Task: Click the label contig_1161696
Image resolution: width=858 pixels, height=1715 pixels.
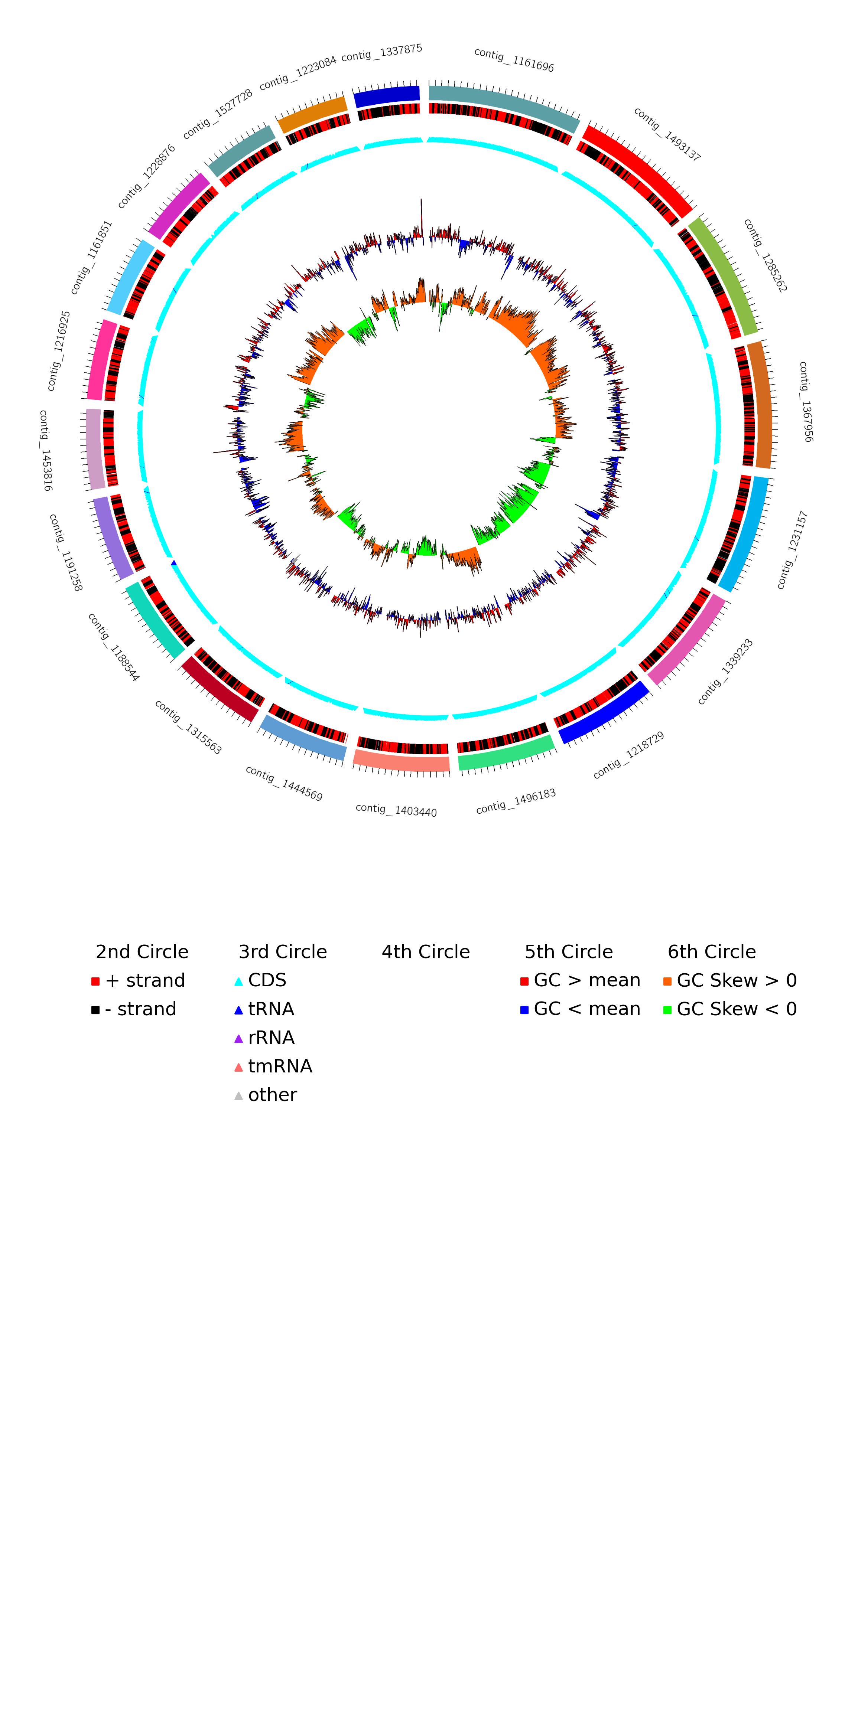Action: click(x=514, y=60)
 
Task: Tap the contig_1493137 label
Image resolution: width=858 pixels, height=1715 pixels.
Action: click(x=667, y=134)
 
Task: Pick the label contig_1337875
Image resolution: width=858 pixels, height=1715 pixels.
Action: click(x=382, y=53)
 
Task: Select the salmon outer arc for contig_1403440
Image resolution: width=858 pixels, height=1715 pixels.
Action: click(x=401, y=761)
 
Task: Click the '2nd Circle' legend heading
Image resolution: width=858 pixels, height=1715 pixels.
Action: click(x=142, y=952)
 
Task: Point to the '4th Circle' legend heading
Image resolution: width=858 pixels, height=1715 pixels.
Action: click(x=426, y=952)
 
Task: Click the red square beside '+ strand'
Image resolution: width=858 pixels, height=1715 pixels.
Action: click(x=95, y=981)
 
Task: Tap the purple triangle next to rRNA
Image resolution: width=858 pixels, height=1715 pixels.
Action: click(x=238, y=1039)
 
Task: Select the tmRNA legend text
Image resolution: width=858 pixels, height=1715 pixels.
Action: click(x=280, y=1066)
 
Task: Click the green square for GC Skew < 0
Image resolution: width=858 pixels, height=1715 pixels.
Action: click(x=667, y=1010)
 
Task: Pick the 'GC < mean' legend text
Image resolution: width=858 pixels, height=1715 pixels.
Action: click(x=587, y=1009)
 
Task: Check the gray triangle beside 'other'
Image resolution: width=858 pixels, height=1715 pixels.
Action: click(x=238, y=1096)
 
